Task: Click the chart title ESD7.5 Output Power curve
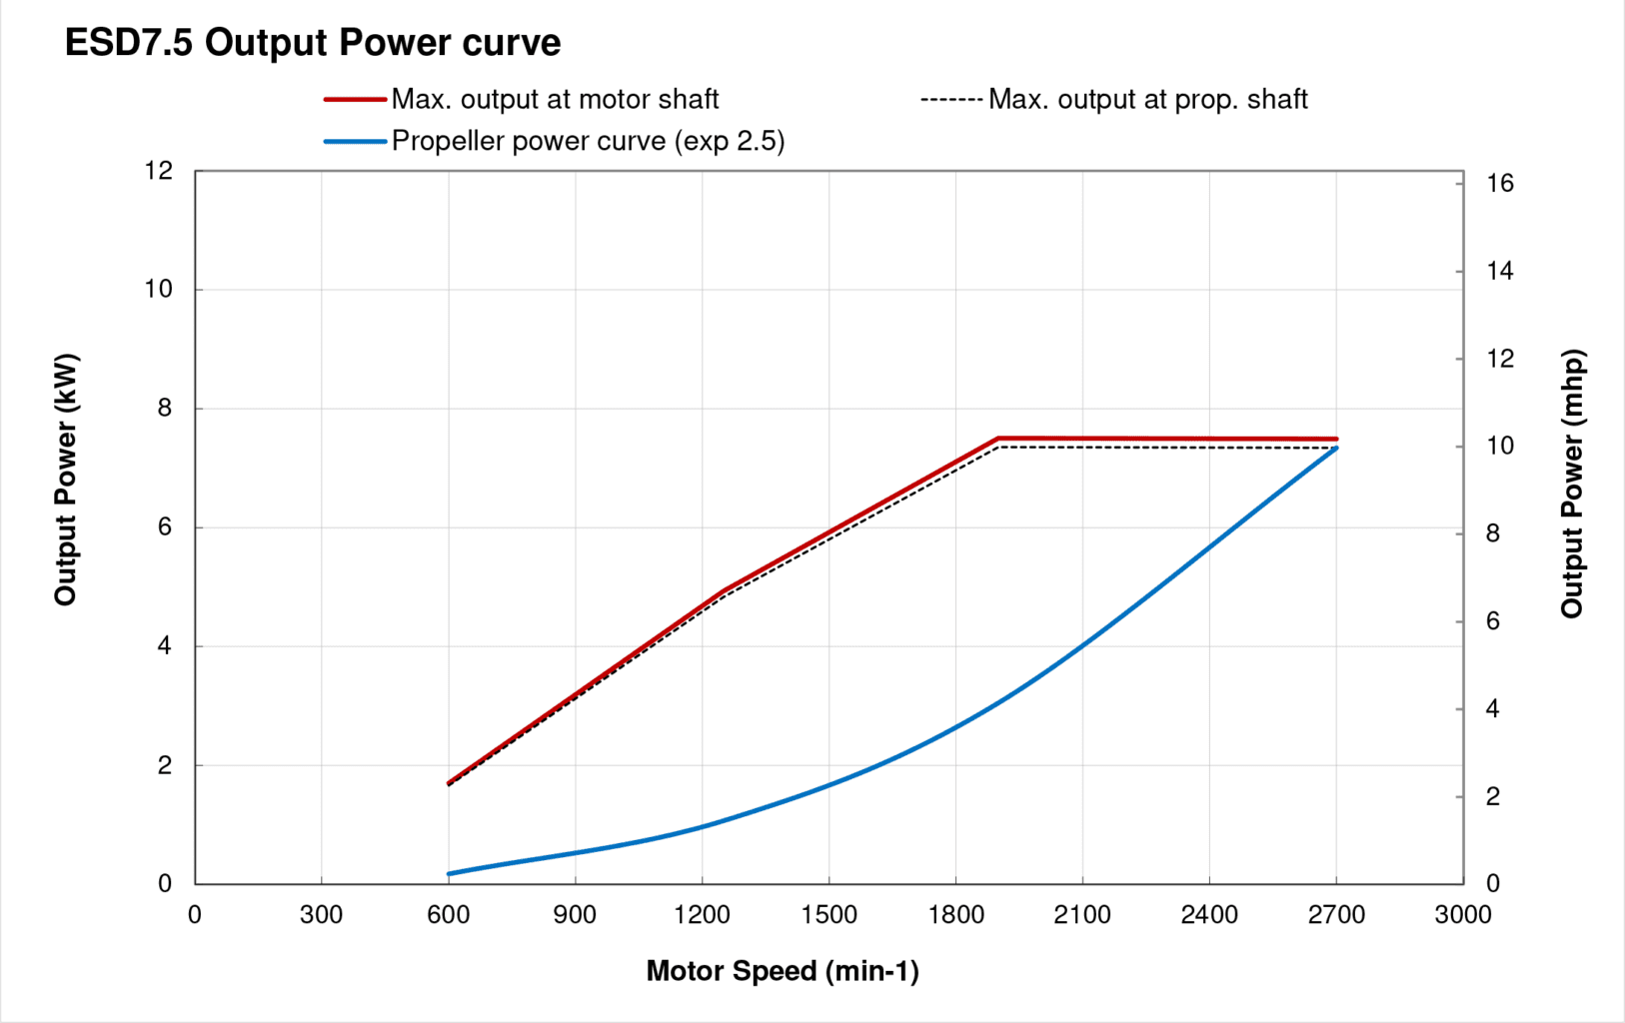(312, 43)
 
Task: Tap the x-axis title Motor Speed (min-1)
(782, 971)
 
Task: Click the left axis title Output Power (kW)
(66, 480)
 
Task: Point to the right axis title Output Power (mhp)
(1572, 484)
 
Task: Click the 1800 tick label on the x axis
(955, 915)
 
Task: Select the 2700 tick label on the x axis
(1336, 915)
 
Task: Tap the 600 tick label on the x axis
(448, 915)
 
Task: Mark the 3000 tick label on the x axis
(1463, 915)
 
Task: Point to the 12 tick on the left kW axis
(158, 171)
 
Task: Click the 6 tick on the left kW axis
(165, 527)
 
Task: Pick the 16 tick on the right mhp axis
(1499, 183)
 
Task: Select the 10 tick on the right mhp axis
(1499, 446)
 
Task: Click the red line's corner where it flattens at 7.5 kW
(997, 439)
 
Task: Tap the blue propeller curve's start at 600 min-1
(449, 874)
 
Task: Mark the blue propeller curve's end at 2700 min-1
(1336, 449)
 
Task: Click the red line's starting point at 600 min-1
(449, 782)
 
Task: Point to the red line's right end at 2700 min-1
(1336, 439)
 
